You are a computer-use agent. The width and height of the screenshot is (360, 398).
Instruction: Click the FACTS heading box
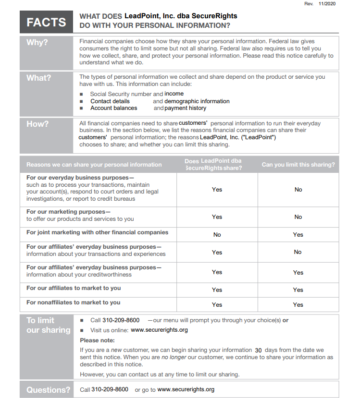[46, 22]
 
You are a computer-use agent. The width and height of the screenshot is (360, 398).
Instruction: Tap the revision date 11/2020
[327, 4]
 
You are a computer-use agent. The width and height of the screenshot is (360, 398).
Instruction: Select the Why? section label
[37, 42]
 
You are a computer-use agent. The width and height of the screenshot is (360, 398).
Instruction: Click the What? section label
[38, 77]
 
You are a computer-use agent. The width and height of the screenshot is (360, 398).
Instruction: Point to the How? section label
[37, 124]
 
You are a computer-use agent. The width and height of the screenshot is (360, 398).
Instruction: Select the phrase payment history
[185, 108]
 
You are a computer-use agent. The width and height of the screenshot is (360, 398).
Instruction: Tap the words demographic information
[197, 101]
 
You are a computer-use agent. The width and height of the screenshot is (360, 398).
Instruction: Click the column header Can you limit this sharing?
[298, 165]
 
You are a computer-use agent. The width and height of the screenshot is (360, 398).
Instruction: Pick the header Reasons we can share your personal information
[94, 165]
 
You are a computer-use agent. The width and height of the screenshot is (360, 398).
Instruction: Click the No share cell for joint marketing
[217, 235]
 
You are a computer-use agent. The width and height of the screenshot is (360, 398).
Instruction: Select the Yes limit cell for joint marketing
[298, 235]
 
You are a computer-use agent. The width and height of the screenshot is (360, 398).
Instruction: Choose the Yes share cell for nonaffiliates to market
[217, 304]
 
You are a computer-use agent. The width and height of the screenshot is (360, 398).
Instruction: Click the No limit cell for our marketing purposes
[298, 217]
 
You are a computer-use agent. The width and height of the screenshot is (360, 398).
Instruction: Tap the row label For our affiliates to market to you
[74, 288]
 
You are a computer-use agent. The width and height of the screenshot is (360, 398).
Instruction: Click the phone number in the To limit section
[122, 320]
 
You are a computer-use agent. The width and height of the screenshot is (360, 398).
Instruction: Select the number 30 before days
[259, 350]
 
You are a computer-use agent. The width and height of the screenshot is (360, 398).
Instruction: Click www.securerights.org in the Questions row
[186, 389]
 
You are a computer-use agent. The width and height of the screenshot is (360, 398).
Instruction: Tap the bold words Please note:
[96, 340]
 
